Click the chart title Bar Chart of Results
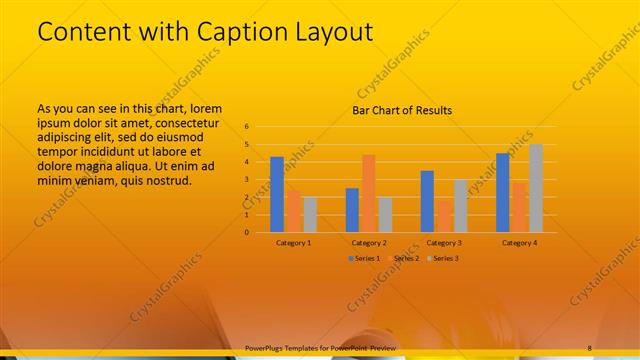click(x=402, y=110)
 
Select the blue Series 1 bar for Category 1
click(x=277, y=194)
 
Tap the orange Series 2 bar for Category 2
click(x=368, y=193)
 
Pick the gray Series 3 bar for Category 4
click(x=536, y=188)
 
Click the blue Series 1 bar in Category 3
click(x=427, y=201)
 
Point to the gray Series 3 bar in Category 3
click(x=460, y=205)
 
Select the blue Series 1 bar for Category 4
click(x=503, y=192)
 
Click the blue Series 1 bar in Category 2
click(x=352, y=209)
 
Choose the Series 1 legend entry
click(x=362, y=258)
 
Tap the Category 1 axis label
click(x=293, y=242)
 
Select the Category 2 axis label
click(x=369, y=242)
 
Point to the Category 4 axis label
click(x=519, y=242)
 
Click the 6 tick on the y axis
click(x=246, y=127)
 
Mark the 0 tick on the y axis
click(x=246, y=232)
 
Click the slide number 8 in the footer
click(x=589, y=347)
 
